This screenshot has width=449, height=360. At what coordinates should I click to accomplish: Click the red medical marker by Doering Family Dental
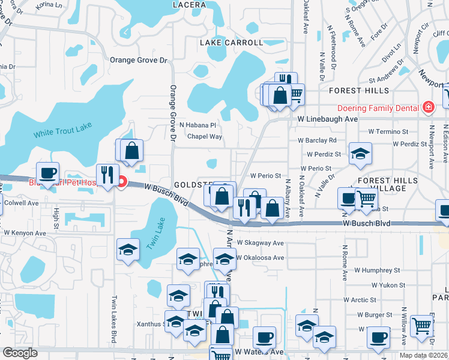[x=428, y=107]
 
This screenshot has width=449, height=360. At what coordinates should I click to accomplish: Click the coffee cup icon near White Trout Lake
[x=48, y=173]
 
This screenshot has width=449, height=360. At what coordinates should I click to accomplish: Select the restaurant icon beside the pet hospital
[x=107, y=175]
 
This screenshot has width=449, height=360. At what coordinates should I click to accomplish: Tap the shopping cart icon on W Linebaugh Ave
[x=295, y=94]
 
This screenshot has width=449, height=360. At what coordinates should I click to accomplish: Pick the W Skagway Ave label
[x=260, y=243]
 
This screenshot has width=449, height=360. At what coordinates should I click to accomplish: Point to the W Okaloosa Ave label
[x=260, y=257]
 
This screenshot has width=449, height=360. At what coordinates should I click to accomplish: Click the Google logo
[x=20, y=353]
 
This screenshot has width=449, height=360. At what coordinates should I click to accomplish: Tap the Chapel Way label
[x=205, y=137]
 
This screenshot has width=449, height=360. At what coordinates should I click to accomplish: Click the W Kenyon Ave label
[x=25, y=232]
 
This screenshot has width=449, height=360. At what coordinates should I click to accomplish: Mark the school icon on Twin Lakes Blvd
[x=128, y=250]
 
